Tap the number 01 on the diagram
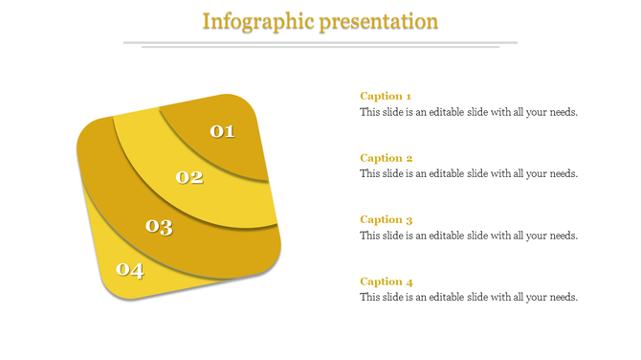tap(222, 131)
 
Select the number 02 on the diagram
tap(189, 177)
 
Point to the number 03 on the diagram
tap(159, 227)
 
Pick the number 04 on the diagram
tap(130, 270)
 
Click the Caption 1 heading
tap(386, 96)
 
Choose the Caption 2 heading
tap(386, 158)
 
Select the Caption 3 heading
tap(386, 219)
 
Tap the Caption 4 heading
tap(386, 281)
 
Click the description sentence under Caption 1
tap(469, 112)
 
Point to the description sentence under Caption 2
tap(469, 174)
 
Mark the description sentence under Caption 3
tap(469, 236)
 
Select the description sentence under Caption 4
tap(469, 298)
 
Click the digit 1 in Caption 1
tap(409, 96)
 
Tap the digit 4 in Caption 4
tap(409, 281)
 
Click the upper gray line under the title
tap(320, 42)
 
